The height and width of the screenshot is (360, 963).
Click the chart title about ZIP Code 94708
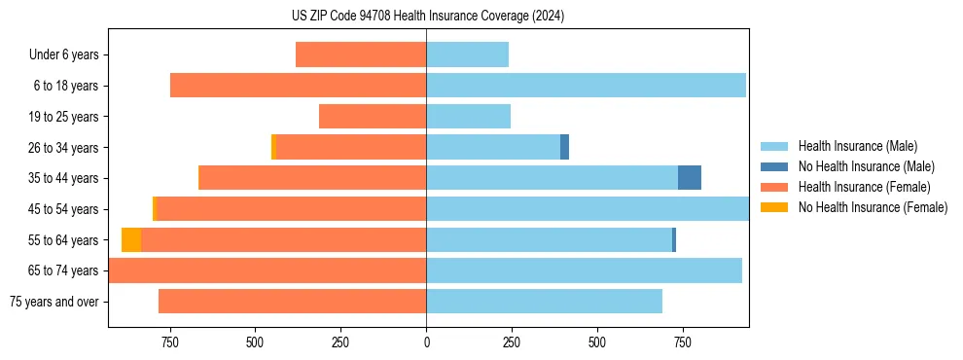[x=427, y=16]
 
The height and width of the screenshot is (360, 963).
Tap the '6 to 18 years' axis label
[x=66, y=86]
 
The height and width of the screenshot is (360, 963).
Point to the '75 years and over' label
[x=54, y=302]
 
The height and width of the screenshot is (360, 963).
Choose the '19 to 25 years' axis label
[x=63, y=117]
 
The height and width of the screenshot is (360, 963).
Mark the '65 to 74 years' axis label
[x=63, y=270]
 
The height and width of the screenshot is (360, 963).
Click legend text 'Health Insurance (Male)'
[x=857, y=147]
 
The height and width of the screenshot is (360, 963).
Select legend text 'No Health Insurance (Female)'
[x=873, y=207]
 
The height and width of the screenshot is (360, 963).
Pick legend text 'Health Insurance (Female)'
[x=864, y=187]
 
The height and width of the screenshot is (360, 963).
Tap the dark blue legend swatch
[x=774, y=166]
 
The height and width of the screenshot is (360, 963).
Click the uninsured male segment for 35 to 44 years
[x=690, y=178]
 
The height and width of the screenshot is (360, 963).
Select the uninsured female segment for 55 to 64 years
[x=131, y=239]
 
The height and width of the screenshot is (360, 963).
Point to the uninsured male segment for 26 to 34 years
[x=564, y=147]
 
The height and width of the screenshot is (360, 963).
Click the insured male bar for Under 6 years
[x=467, y=54]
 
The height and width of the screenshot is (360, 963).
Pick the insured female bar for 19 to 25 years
[x=373, y=117]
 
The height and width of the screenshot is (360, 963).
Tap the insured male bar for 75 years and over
[x=544, y=302]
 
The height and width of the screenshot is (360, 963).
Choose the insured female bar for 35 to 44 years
[x=312, y=178]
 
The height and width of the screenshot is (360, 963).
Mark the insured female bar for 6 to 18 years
[x=298, y=86]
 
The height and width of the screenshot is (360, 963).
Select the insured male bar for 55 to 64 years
[x=549, y=239]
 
